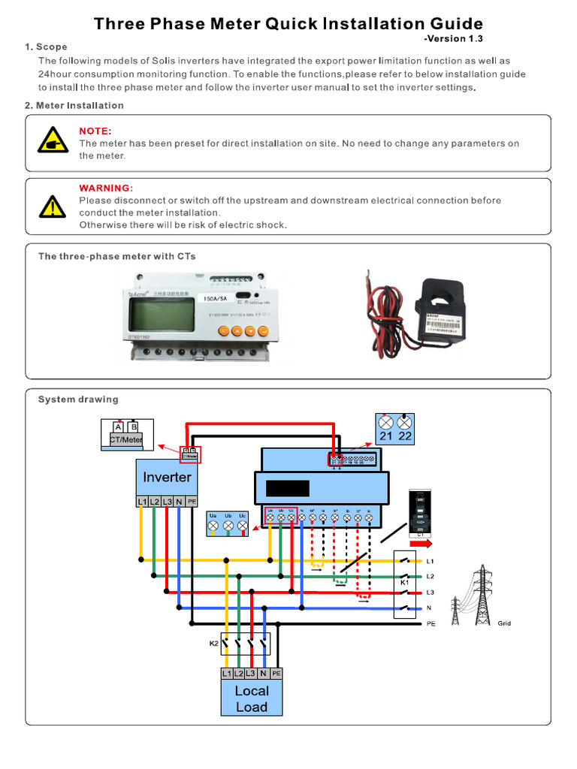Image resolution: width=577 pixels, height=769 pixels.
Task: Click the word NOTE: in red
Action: [x=95, y=131]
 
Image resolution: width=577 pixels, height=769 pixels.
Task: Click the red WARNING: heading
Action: [x=106, y=188]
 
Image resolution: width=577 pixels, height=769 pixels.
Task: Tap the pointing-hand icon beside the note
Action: [x=52, y=143]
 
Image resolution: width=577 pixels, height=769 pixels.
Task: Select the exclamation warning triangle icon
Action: [x=52, y=205]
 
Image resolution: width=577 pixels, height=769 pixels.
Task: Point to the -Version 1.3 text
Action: [x=452, y=38]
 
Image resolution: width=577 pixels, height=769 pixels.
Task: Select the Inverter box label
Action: [x=167, y=477]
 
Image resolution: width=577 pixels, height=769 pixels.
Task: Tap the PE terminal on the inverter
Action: [x=192, y=502]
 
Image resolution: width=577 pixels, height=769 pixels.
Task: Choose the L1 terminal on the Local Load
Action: [x=227, y=674]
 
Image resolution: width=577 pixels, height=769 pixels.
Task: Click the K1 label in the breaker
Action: [x=404, y=582]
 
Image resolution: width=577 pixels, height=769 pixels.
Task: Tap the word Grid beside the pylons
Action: [x=504, y=623]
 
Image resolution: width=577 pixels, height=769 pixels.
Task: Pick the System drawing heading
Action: [x=78, y=400]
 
